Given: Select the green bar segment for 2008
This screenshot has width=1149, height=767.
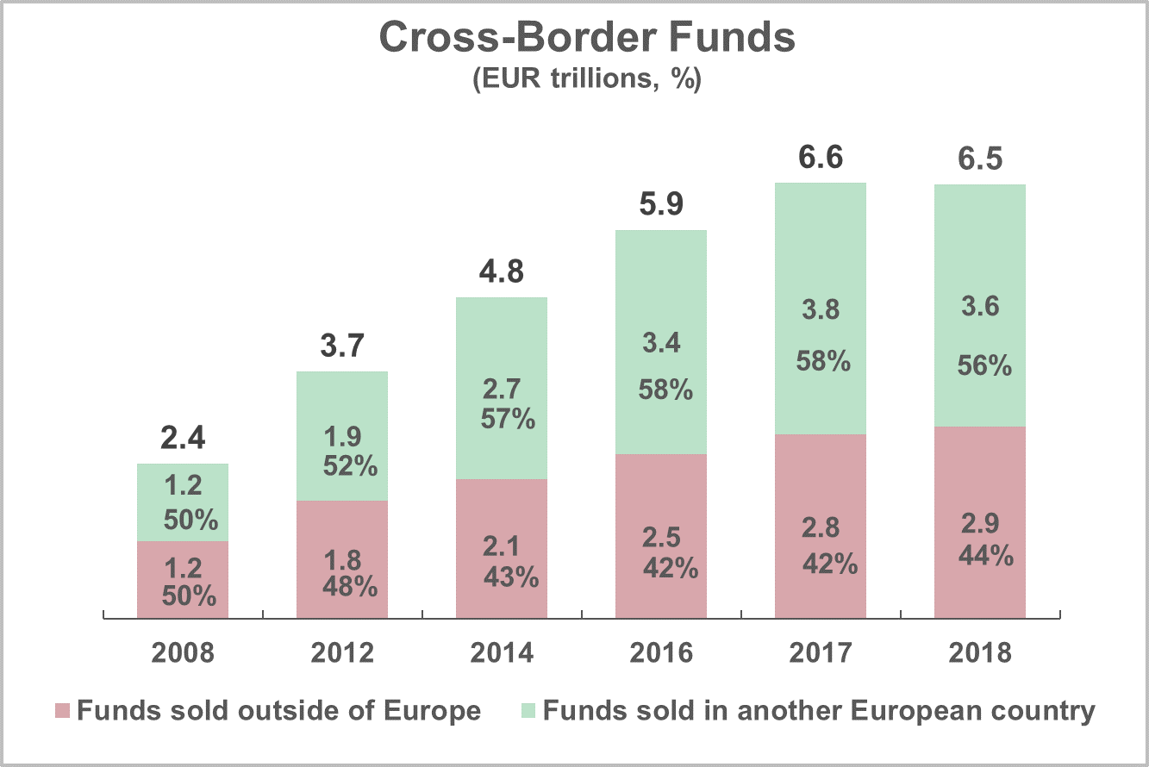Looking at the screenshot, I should [x=183, y=502].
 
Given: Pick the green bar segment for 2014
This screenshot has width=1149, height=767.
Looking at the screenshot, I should [x=502, y=388].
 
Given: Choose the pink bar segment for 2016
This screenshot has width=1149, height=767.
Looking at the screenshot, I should [x=661, y=536].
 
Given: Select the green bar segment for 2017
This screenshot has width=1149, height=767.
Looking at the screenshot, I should [x=821, y=308].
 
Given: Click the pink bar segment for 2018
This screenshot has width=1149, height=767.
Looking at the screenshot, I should [x=980, y=521].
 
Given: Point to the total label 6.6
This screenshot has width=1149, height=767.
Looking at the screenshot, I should [x=821, y=159].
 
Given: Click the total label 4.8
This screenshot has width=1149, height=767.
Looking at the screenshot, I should [x=502, y=274].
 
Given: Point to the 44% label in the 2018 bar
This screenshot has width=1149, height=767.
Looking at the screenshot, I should [x=985, y=557].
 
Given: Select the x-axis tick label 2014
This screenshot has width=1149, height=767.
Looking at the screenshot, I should [x=502, y=653].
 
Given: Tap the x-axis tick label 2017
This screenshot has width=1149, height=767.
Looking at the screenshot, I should [x=821, y=653].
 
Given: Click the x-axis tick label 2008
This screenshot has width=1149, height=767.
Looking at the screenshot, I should [x=183, y=653].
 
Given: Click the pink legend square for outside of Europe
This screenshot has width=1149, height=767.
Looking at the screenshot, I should [x=62, y=712].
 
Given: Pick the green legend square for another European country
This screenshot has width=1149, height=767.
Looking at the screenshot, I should [x=528, y=712].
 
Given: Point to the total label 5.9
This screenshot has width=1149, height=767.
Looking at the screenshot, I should [x=661, y=206].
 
